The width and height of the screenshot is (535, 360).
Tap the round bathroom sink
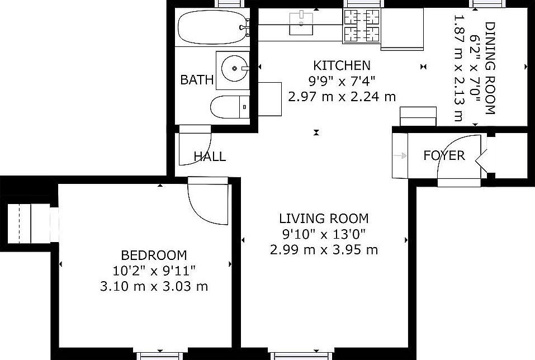pyautogui.click(x=231, y=69)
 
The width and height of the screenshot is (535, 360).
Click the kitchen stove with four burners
pyautogui.click(x=361, y=27)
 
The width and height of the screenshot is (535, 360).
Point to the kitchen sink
pyautogui.click(x=302, y=23)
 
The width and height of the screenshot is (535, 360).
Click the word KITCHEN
pyautogui.click(x=341, y=65)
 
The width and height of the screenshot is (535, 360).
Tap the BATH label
pyautogui.click(x=197, y=80)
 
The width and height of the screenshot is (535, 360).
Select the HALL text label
pyautogui.click(x=210, y=157)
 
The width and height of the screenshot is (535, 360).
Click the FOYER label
pyautogui.click(x=444, y=155)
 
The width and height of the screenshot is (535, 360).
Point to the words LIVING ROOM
pyautogui.click(x=324, y=218)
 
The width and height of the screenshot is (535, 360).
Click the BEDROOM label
pyautogui.click(x=154, y=255)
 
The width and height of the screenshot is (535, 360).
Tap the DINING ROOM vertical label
pyautogui.click(x=490, y=68)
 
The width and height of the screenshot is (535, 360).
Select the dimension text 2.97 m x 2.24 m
pyautogui.click(x=342, y=96)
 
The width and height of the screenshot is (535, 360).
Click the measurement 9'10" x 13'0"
pyautogui.click(x=324, y=234)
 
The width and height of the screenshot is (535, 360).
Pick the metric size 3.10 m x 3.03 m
pyautogui.click(x=154, y=286)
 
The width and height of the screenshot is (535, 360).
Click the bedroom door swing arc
pyautogui.click(x=207, y=204)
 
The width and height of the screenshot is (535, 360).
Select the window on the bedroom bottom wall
pyautogui.click(x=160, y=356)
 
